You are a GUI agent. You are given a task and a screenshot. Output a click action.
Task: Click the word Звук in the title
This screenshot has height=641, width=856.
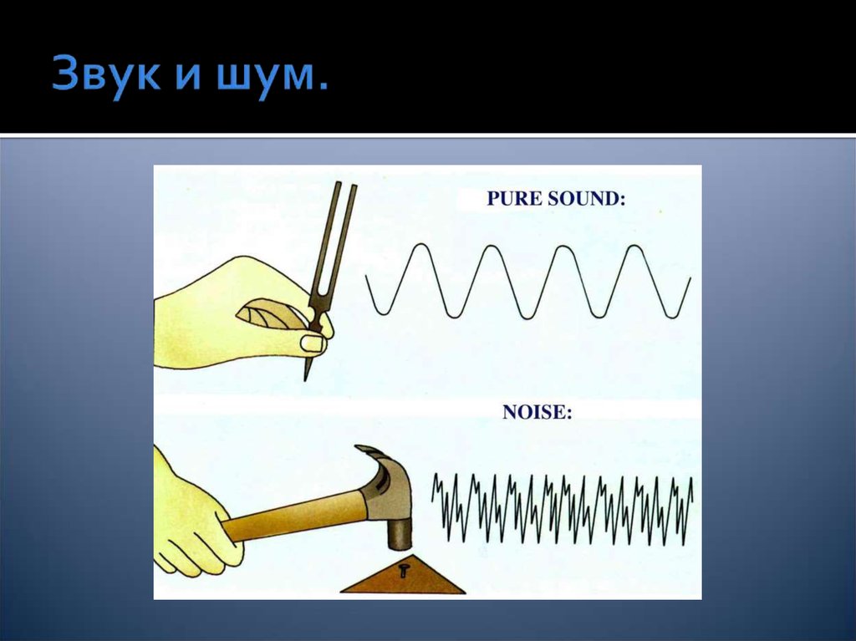(x=106, y=74)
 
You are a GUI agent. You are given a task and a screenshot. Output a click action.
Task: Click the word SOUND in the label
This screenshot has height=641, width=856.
(x=587, y=198)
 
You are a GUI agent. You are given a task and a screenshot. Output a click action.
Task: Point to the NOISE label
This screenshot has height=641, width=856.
(x=538, y=412)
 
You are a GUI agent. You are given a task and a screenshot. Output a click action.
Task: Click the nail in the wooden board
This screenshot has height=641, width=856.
(x=403, y=571)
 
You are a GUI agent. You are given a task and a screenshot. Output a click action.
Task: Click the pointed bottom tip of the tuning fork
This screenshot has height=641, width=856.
(x=305, y=380)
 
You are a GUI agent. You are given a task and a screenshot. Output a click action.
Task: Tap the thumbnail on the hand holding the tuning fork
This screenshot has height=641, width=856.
(x=313, y=343)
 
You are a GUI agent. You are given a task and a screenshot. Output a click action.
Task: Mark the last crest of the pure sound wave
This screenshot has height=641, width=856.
(x=634, y=247)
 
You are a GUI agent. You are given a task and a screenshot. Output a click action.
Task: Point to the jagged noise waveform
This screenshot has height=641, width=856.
(x=563, y=509)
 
